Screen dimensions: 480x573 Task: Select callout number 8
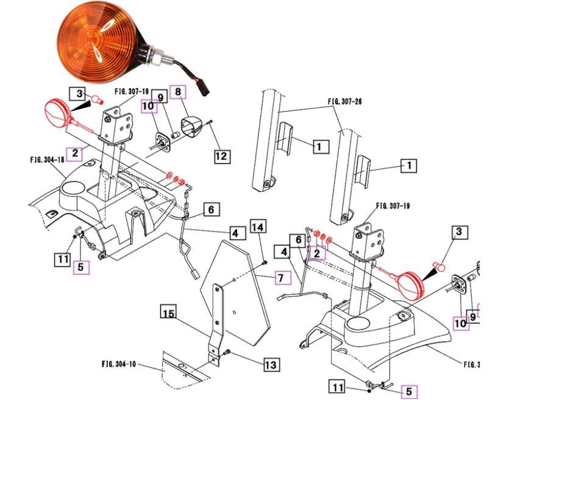point(179,92)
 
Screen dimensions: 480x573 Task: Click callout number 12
point(221,157)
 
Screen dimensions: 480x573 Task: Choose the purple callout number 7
point(280,278)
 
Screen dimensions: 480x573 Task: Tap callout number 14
point(258,227)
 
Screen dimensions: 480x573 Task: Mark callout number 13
point(271,365)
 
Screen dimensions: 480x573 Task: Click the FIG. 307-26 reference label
point(344,102)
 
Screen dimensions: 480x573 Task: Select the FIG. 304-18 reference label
point(47,160)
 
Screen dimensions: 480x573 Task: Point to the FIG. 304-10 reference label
point(119,364)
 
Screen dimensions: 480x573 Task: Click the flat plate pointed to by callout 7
point(241,286)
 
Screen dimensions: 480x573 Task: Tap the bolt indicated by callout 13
point(227,352)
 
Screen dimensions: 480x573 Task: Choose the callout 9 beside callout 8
point(160,97)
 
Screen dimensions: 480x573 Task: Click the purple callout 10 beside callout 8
point(149,107)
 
